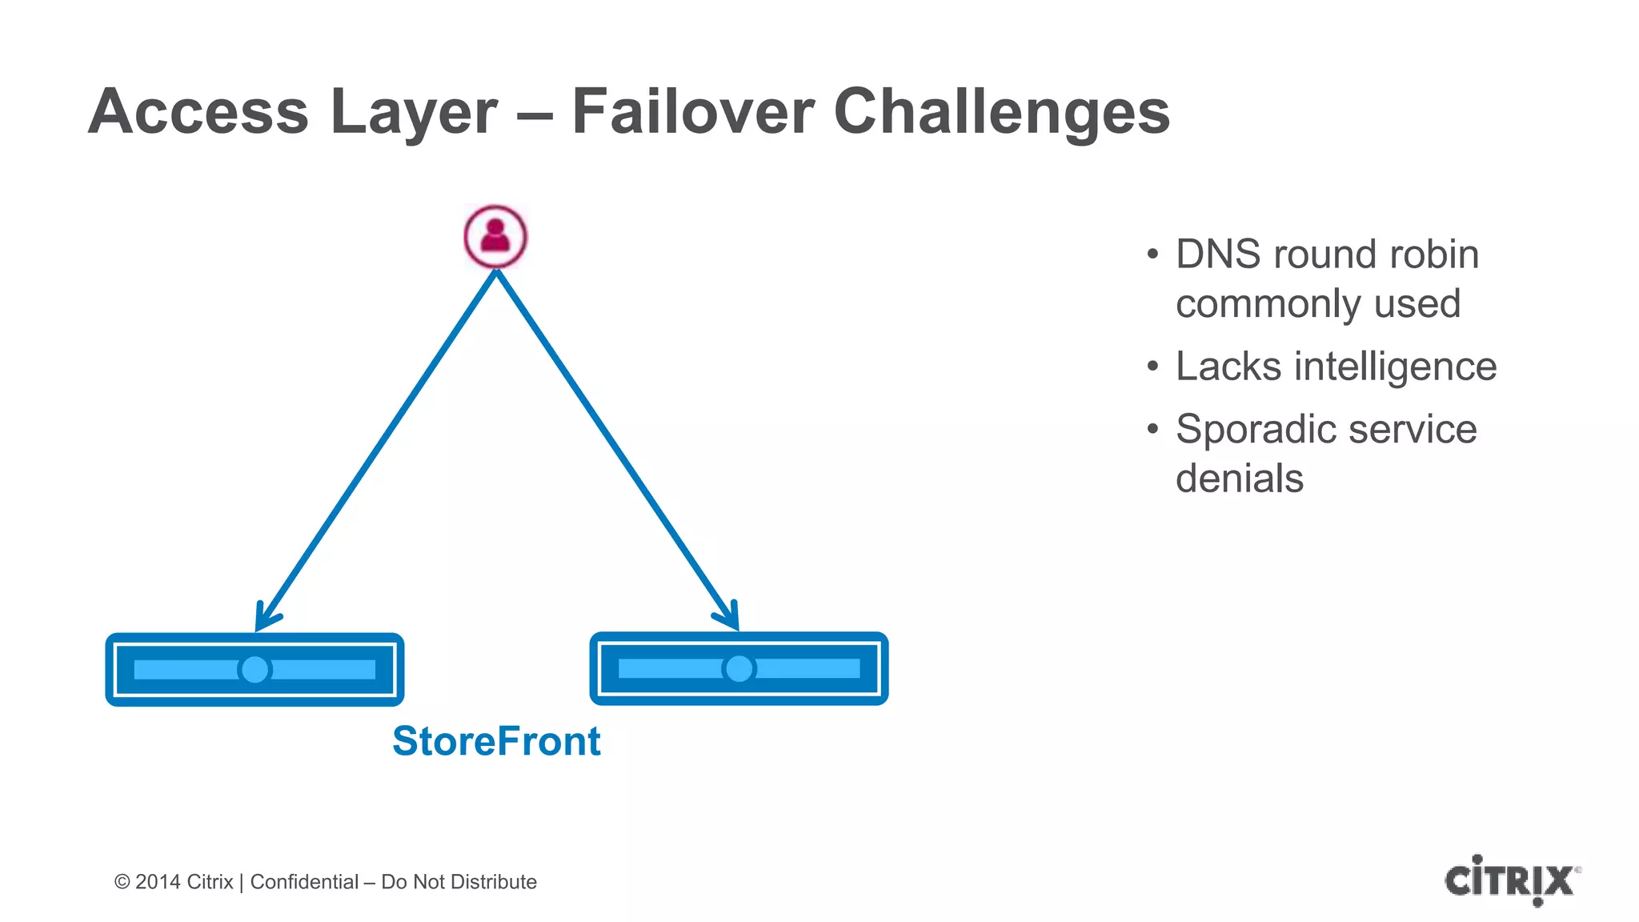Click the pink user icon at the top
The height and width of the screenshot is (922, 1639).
tap(495, 237)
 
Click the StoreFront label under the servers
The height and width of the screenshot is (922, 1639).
tap(496, 741)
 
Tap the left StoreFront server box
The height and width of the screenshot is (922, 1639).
tap(254, 669)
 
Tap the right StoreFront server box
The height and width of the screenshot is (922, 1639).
tap(739, 668)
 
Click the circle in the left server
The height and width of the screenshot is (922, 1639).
tap(255, 669)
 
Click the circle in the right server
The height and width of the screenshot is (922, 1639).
tap(739, 668)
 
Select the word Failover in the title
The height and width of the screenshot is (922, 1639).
tap(693, 112)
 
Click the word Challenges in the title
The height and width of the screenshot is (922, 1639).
tap(1002, 112)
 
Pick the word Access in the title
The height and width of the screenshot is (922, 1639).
tap(198, 112)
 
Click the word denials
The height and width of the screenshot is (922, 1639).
tap(1240, 479)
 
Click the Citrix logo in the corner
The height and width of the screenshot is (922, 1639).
tap(1511, 880)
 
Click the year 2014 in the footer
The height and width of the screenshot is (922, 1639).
tap(158, 882)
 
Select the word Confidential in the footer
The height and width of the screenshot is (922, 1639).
tap(304, 882)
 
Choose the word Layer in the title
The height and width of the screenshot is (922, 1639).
tap(414, 112)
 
